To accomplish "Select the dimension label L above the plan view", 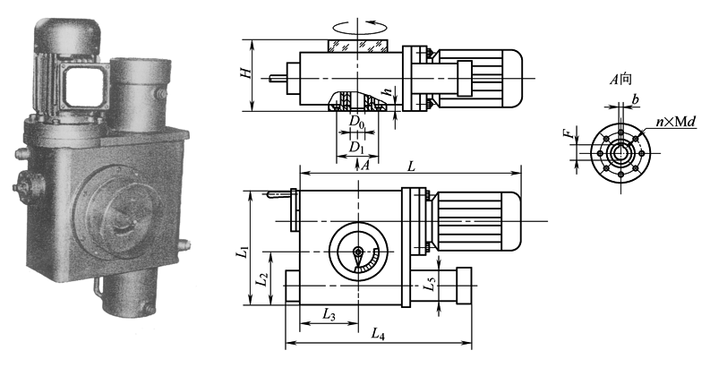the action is tap(411, 167).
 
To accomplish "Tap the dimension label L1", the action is tap(244, 252).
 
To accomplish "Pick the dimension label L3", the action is tap(329, 315).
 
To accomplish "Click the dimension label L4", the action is tap(378, 334).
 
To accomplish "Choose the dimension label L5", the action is tap(432, 285).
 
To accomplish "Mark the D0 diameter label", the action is tap(357, 122).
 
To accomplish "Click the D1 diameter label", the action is tap(357, 147).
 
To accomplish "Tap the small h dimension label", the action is tap(388, 92).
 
